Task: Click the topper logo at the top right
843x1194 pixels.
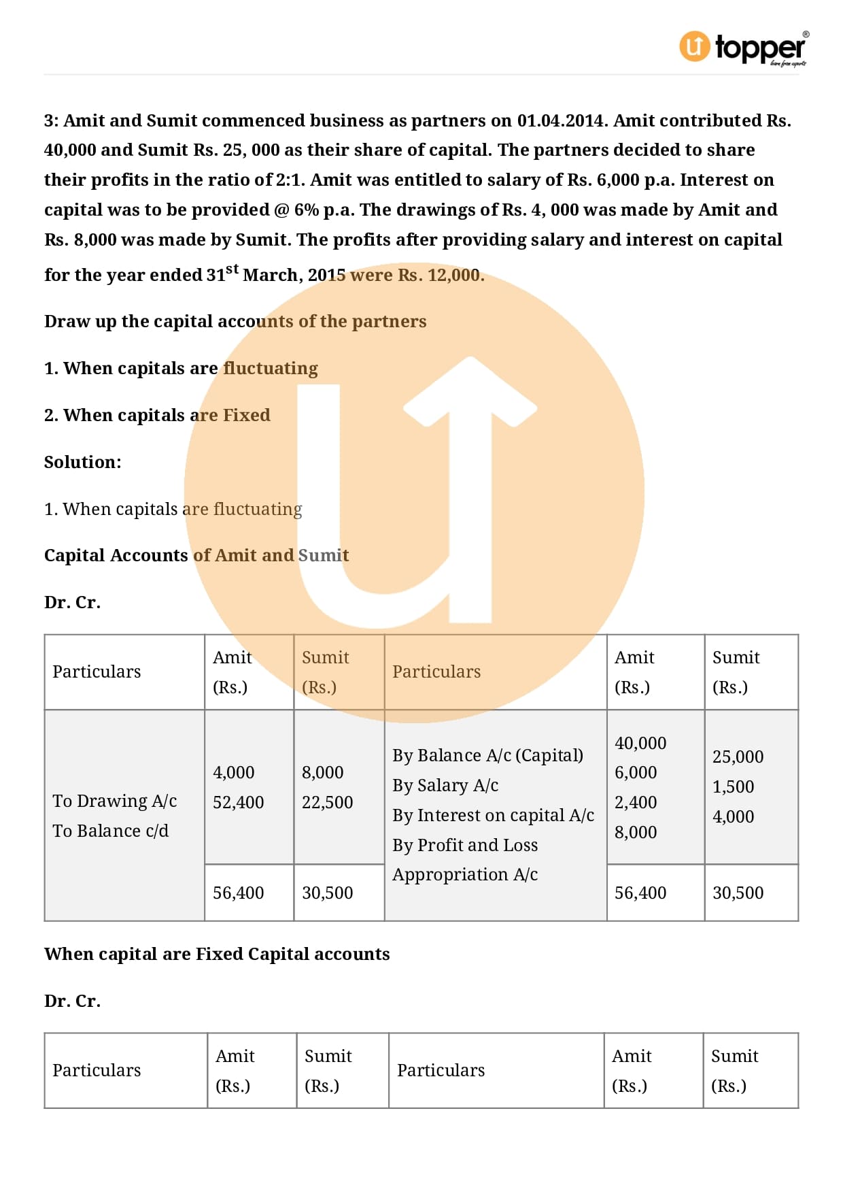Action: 744,48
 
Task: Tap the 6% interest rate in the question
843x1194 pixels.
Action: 306,210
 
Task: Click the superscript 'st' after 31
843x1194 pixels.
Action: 233,269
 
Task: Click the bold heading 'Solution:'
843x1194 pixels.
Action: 83,462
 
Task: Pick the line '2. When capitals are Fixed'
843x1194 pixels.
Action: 157,415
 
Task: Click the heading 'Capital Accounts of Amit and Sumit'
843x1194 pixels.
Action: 196,555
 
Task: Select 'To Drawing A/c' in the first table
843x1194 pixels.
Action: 114,801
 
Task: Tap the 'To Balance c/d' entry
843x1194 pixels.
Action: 110,831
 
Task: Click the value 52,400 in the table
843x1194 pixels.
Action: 238,802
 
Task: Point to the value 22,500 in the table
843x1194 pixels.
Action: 327,802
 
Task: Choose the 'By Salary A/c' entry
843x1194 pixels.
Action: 445,785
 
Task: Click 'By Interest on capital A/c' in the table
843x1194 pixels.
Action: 493,815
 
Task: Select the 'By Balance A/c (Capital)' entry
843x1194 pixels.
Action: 487,755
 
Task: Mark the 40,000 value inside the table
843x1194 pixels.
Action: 640,743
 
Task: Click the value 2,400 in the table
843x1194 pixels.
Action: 636,802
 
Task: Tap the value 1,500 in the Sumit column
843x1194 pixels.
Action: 733,786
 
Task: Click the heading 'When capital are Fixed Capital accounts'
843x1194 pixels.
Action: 217,954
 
